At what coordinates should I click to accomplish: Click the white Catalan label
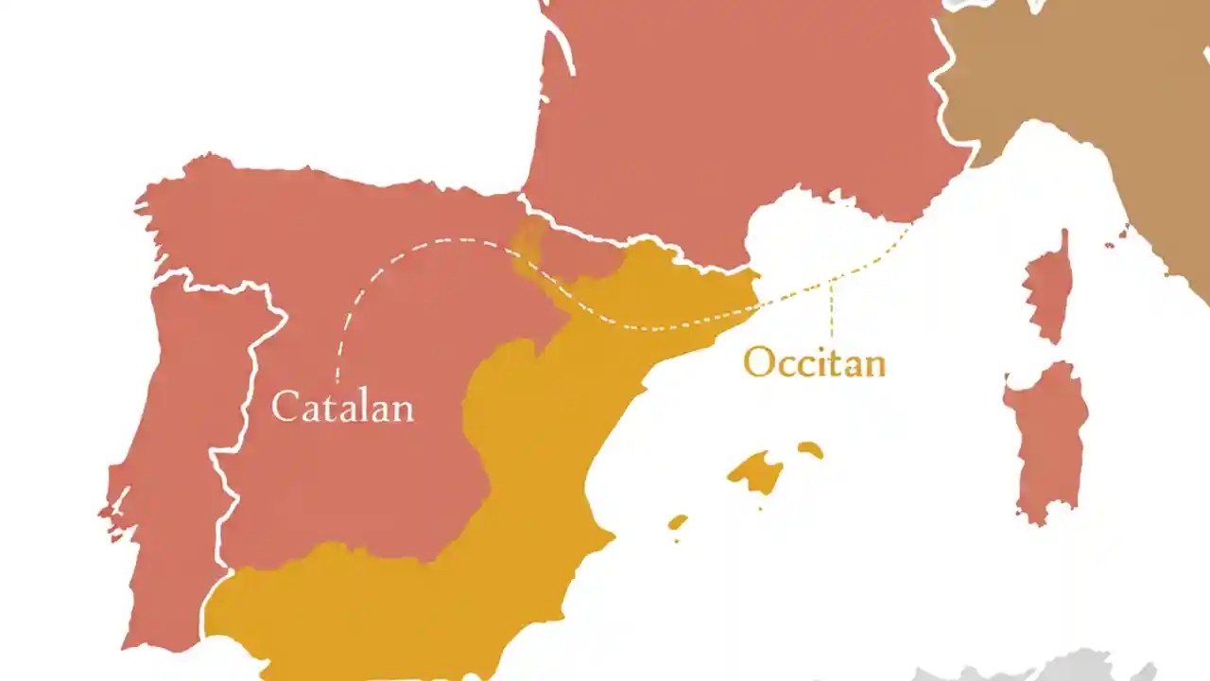pyautogui.click(x=342, y=408)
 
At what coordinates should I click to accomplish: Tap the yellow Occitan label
pyautogui.click(x=814, y=362)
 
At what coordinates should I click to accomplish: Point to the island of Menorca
pyautogui.click(x=810, y=449)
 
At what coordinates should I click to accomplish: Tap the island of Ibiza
pyautogui.click(x=677, y=522)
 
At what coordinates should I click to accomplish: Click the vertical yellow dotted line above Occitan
pyautogui.click(x=832, y=307)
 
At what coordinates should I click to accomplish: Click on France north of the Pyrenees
pyautogui.click(x=737, y=113)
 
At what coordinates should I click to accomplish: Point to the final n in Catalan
pyautogui.click(x=403, y=410)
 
